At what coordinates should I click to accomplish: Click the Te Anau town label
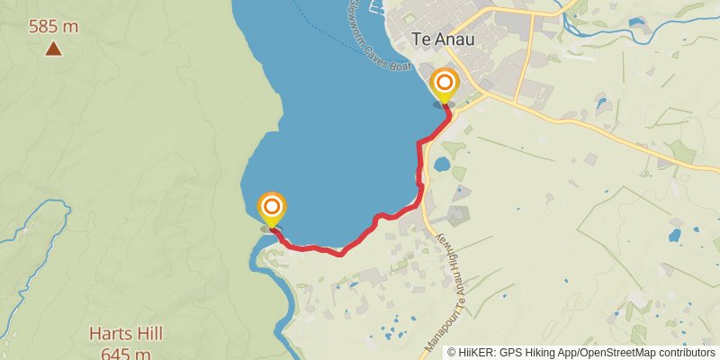pyautogui.click(x=442, y=40)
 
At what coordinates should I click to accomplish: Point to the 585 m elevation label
pyautogui.click(x=53, y=27)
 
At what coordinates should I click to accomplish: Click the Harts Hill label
pyautogui.click(x=125, y=334)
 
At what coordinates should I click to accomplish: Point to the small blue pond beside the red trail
pyautogui.click(x=442, y=165)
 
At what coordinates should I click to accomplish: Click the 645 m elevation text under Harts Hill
pyautogui.click(x=125, y=352)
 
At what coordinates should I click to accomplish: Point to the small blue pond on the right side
pyautogui.click(x=675, y=236)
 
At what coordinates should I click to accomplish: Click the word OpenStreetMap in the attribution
pyautogui.click(x=622, y=352)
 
